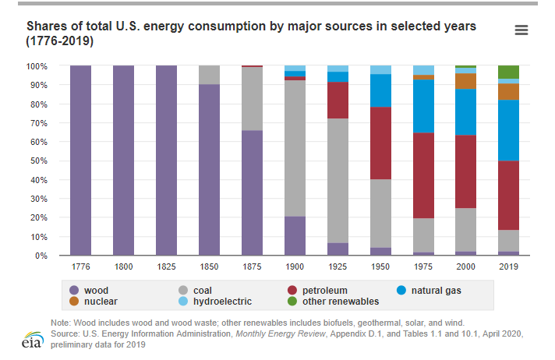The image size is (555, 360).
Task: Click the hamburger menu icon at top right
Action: click(521, 30)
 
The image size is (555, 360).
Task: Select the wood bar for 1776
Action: click(80, 160)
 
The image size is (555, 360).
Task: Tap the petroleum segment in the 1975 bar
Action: click(423, 175)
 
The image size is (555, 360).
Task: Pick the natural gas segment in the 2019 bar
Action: click(508, 130)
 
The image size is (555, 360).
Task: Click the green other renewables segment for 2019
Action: click(508, 72)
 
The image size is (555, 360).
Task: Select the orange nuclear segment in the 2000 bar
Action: click(465, 81)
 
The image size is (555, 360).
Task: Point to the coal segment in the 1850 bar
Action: click(209, 75)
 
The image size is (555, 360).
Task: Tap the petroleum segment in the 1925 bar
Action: click(338, 101)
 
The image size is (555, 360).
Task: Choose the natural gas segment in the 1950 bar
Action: click(380, 90)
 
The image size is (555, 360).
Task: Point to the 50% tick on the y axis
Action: click(48, 161)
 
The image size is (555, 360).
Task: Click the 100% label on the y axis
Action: click(46, 65)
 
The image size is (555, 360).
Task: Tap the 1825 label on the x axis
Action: click(166, 267)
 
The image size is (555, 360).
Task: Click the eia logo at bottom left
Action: click(31, 340)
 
